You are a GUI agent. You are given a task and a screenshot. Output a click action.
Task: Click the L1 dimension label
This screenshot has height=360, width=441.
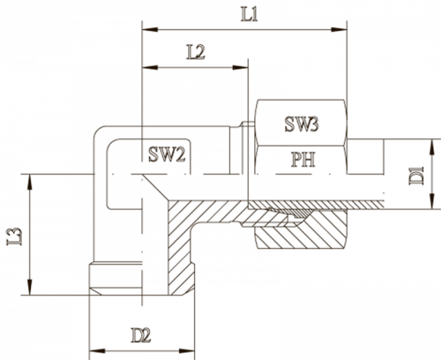tap(250, 15)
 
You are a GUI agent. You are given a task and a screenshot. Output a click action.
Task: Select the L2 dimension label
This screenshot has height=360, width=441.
tap(196, 52)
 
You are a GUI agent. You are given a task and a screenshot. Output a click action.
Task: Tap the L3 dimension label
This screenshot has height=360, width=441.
tap(15, 236)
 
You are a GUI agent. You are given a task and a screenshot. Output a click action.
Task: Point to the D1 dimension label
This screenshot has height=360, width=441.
tap(417, 176)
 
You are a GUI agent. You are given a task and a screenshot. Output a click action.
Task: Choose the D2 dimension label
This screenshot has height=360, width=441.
tap(141, 335)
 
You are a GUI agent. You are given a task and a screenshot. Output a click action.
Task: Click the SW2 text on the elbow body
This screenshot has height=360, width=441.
tap(167, 154)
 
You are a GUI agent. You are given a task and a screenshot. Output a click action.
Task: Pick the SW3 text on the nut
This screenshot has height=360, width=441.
tap(302, 124)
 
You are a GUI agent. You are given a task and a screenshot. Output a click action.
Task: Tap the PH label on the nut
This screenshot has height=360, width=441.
tap(303, 159)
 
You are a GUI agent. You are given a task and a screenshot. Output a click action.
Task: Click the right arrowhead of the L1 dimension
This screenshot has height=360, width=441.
tap(339, 30)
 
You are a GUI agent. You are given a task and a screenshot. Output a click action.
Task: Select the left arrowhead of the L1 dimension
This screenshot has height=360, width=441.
tap(150, 30)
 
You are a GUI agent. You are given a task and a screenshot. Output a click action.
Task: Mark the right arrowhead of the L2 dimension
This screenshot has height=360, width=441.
tap(241, 68)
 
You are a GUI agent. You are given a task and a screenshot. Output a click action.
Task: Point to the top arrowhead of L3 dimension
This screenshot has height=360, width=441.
tap(29, 182)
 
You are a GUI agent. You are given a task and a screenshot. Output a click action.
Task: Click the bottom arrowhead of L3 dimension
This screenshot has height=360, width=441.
tap(29, 287)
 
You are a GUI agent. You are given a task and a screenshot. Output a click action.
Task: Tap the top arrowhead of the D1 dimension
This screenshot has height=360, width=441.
tap(432, 147)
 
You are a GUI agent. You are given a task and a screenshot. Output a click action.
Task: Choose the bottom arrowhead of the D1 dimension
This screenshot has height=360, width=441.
tap(432, 201)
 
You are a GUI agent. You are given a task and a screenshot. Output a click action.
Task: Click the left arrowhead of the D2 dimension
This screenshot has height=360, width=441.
tap(97, 351)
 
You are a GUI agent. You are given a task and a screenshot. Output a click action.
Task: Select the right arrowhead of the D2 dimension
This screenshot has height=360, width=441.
tap(187, 351)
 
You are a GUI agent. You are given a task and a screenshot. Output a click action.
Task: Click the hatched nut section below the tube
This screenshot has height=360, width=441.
tap(300, 236)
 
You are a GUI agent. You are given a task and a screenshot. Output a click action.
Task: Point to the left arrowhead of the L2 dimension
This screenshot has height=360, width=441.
tap(150, 68)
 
